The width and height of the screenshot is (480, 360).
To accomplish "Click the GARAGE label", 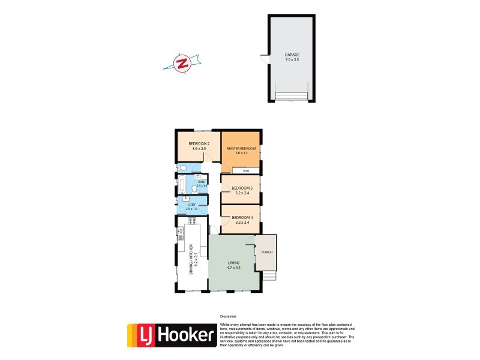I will tap(292, 55).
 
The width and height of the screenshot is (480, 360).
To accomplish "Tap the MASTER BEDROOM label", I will tap(241, 148).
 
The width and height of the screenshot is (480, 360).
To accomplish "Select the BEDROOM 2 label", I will tap(199, 143).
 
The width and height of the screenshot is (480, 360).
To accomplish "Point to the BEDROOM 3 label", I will tap(242, 188).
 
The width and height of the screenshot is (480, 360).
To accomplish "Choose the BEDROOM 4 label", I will tap(242, 217).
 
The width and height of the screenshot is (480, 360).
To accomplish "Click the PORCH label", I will tap(267, 252).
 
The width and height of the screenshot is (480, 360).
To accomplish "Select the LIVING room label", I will tap(233, 263).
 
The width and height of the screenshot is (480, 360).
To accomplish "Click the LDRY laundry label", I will tap(191, 205).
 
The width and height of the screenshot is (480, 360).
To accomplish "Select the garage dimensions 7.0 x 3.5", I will tap(292, 60).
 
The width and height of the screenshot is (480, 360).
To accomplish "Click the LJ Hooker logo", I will tap(172, 336).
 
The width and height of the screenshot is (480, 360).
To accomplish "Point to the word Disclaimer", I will tap(228, 316).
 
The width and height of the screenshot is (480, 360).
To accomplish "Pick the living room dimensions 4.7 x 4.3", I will tap(233, 268).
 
